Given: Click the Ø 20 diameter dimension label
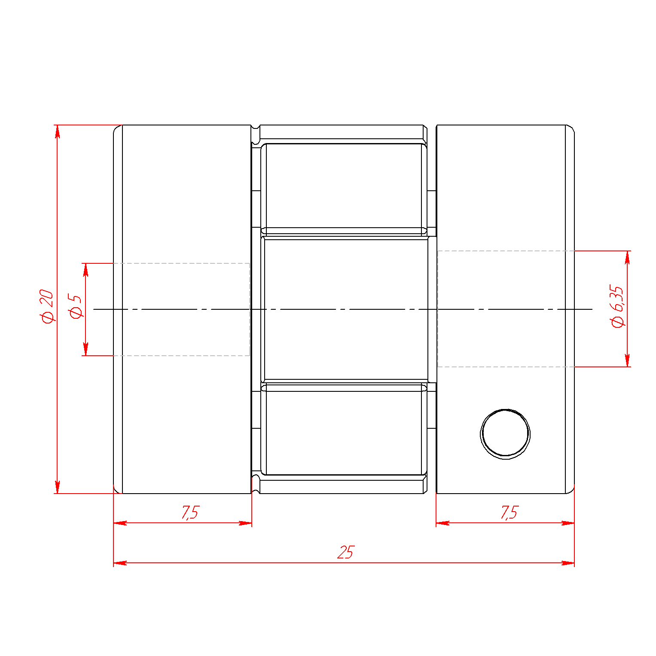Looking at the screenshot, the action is pos(47,306).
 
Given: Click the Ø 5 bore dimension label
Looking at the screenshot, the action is pos(76,306).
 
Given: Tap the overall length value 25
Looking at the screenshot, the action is pos(345,552).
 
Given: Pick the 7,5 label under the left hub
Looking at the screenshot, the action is pos(190,512).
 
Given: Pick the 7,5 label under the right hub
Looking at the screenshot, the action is pos(510,512).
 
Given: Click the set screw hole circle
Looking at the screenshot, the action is pos(505,434).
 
